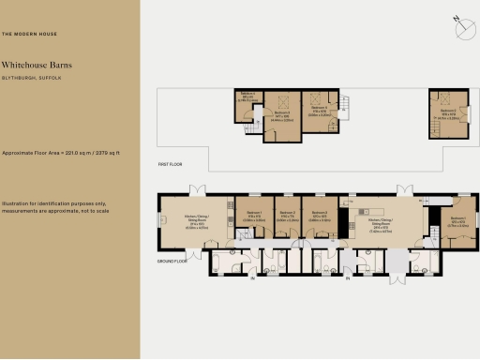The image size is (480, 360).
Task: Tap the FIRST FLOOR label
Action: tap(169, 164)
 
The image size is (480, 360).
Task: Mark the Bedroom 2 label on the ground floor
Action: tap(287, 213)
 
